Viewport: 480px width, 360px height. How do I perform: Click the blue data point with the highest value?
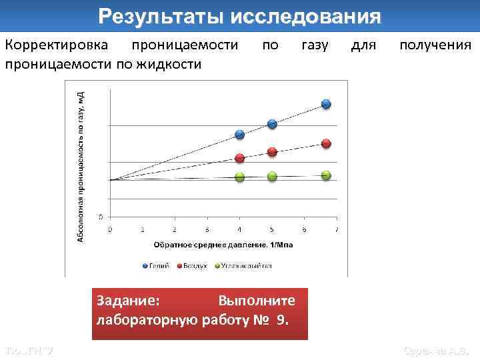pos(326,104)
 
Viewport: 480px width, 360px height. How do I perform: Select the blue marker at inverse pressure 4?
pos(240,135)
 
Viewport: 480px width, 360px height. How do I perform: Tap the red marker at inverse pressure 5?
pos(272,152)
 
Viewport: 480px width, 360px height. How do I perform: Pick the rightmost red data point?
pos(326,143)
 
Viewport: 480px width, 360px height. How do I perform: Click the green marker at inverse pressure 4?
pos(240,177)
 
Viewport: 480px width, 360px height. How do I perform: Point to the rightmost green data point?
pos(326,175)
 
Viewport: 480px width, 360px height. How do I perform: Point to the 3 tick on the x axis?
pos(207,230)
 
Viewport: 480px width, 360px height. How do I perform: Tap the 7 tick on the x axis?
pos(336,230)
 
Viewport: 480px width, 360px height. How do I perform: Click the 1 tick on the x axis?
pos(142,230)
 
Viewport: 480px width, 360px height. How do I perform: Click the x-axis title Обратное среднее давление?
pos(223,245)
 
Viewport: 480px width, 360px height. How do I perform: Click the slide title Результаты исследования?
pos(240,16)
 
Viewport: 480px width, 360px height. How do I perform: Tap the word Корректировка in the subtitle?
pos(53,45)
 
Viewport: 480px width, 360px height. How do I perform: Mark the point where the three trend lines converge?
pos(111,180)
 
